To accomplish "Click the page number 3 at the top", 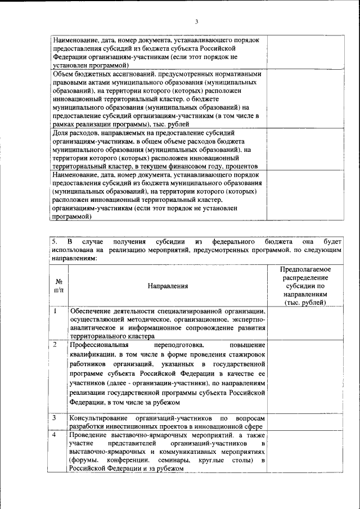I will pyautogui.click(x=197, y=21).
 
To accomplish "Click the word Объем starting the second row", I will pyautogui.click(x=64, y=73).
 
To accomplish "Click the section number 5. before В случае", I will pyautogui.click(x=55, y=241).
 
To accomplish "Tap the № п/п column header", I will pyautogui.click(x=58, y=286).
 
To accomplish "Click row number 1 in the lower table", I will pyautogui.click(x=56, y=310).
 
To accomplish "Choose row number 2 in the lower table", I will pyautogui.click(x=56, y=344).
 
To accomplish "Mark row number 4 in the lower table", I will pyautogui.click(x=56, y=435).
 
